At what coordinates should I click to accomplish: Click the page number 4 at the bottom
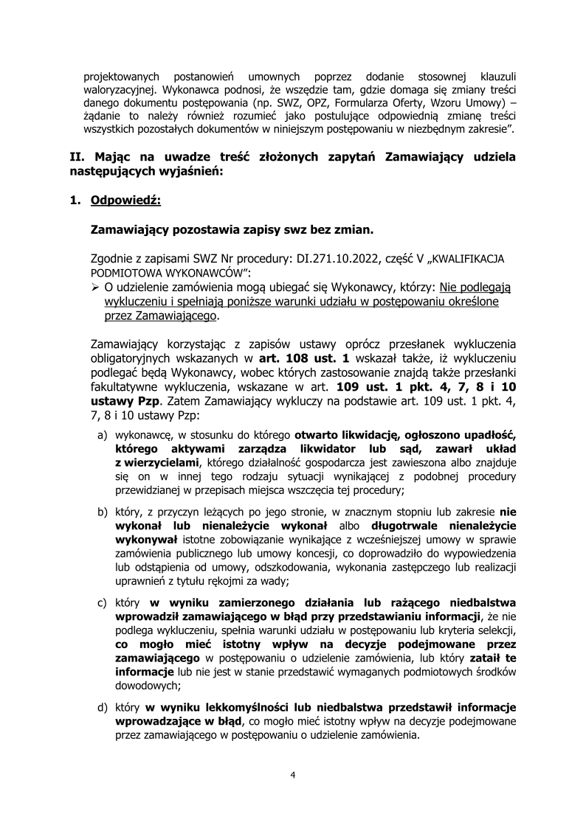(x=293, y=775)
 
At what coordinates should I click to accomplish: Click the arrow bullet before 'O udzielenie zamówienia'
(x=95, y=287)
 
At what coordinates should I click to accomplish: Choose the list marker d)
(x=103, y=707)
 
